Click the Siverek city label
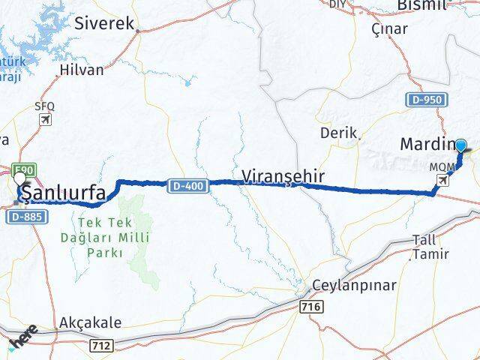pos(104,23)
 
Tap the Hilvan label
pos(81,73)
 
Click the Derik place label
pos(334,133)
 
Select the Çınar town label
pos(390,29)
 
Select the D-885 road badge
pos(30,216)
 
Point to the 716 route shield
pos(311,307)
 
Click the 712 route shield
pos(103,344)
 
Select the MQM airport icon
pos(445,179)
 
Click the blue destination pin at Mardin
pos(460,147)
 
